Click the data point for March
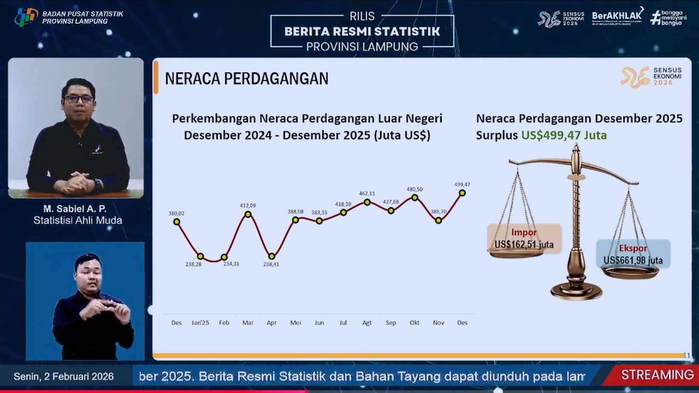[248, 215]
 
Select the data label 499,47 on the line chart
[462, 185]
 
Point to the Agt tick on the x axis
[367, 323]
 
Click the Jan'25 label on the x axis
[200, 323]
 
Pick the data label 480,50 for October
[415, 189]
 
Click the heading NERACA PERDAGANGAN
[247, 79]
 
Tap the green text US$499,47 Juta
[564, 136]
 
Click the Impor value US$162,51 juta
[524, 245]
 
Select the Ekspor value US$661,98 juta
[633, 260]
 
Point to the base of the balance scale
[577, 291]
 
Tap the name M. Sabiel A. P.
[75, 209]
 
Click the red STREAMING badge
[657, 375]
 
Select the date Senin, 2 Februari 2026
[64, 376]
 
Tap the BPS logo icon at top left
[26, 17]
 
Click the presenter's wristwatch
[98, 185]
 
